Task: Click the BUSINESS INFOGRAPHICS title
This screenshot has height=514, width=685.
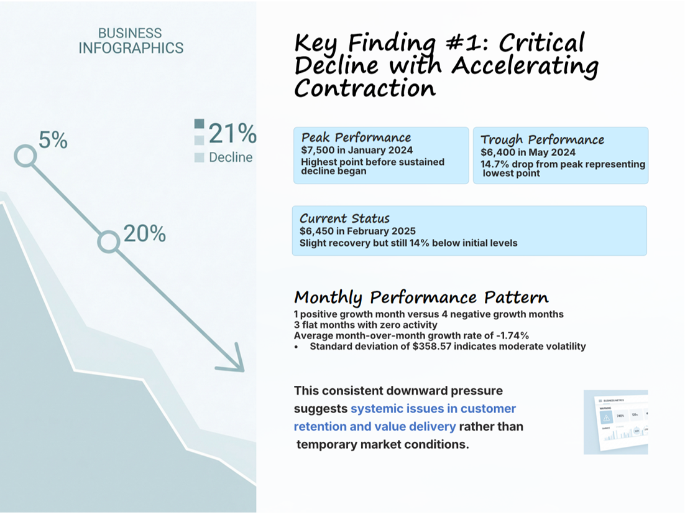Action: coord(131,40)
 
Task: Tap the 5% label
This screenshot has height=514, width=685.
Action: coord(53,141)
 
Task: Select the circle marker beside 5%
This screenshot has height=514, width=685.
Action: coord(25,156)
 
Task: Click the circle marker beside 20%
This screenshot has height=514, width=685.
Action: coord(109,242)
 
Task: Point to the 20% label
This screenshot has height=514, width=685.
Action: coord(144,234)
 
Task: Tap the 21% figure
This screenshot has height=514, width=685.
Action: coord(232,134)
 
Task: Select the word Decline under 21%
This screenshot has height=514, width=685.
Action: coord(231,157)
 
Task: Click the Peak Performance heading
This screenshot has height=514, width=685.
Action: coord(356,138)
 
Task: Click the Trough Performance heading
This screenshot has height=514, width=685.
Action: coord(542,139)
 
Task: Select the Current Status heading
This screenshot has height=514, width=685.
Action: coord(344,218)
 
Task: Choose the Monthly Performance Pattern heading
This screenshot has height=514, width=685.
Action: coord(421,297)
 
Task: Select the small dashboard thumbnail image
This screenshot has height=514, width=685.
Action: coord(615,422)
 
